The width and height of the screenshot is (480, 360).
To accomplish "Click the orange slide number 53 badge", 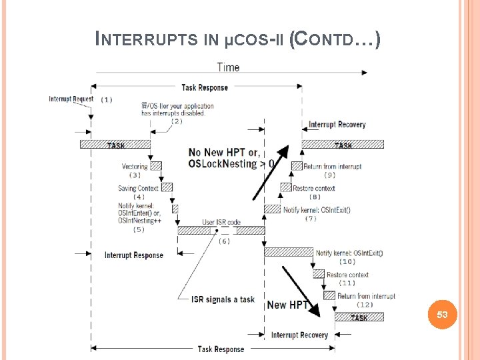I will [x=443, y=314].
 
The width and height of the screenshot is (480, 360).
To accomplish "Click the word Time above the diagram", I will [x=228, y=67].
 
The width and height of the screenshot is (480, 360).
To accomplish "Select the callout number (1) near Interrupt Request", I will [x=106, y=100].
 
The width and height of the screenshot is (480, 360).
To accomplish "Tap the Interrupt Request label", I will [x=71, y=99].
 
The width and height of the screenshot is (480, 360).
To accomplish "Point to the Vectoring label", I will [x=135, y=167].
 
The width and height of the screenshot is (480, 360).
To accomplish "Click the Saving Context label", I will [x=138, y=189].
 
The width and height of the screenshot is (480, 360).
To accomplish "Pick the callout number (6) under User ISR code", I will [x=224, y=241].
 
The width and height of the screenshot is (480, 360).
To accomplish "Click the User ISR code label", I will [x=221, y=222].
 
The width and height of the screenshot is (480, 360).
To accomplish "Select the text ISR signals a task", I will [x=223, y=299].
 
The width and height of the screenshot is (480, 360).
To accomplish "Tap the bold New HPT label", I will [x=287, y=305].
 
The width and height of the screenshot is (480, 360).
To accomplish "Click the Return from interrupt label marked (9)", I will [x=333, y=167].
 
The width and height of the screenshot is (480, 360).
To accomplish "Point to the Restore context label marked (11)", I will [x=347, y=275].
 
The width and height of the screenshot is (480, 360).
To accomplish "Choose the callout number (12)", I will [x=366, y=305].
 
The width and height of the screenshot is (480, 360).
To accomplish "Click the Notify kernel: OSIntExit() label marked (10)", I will [x=349, y=253].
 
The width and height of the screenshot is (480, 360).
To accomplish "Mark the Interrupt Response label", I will [x=133, y=255].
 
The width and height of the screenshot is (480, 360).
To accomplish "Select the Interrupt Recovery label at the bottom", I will [x=299, y=335].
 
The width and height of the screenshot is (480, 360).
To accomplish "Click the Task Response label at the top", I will [x=204, y=87].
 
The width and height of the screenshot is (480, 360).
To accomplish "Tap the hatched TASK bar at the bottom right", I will [x=359, y=317].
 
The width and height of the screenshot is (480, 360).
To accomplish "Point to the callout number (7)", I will [x=310, y=219].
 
